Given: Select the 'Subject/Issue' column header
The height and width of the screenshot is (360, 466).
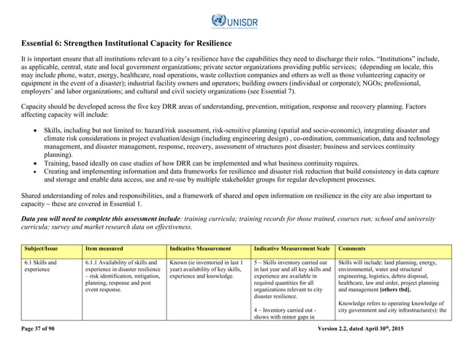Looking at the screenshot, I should tap(40, 249).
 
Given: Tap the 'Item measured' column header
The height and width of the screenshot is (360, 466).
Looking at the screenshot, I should tap(103, 249).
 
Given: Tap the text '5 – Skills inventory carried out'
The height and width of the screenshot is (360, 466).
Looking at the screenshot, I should tap(292, 262).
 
